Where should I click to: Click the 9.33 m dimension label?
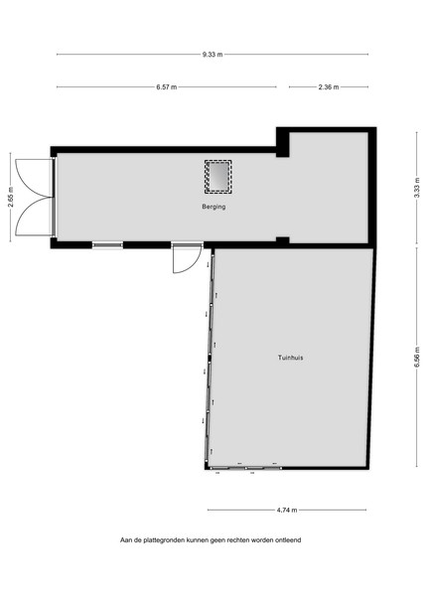click(x=213, y=55)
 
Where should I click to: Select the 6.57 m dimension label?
click(x=167, y=87)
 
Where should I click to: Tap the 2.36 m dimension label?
click(x=329, y=87)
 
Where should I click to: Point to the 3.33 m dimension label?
click(x=417, y=188)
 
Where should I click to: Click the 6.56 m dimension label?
click(x=417, y=357)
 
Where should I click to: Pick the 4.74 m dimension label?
click(x=287, y=511)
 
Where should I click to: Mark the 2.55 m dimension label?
click(x=11, y=197)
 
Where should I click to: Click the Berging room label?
click(x=213, y=207)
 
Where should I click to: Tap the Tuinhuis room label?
click(x=291, y=358)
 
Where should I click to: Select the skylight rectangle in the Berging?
click(x=218, y=177)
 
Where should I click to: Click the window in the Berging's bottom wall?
click(x=107, y=245)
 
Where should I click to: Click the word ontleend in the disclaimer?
click(x=288, y=540)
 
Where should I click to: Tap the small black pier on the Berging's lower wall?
click(x=282, y=239)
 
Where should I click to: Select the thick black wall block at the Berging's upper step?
click(x=283, y=142)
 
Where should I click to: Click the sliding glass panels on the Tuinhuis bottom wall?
click(x=245, y=468)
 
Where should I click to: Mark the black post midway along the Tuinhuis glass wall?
click(x=210, y=358)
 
